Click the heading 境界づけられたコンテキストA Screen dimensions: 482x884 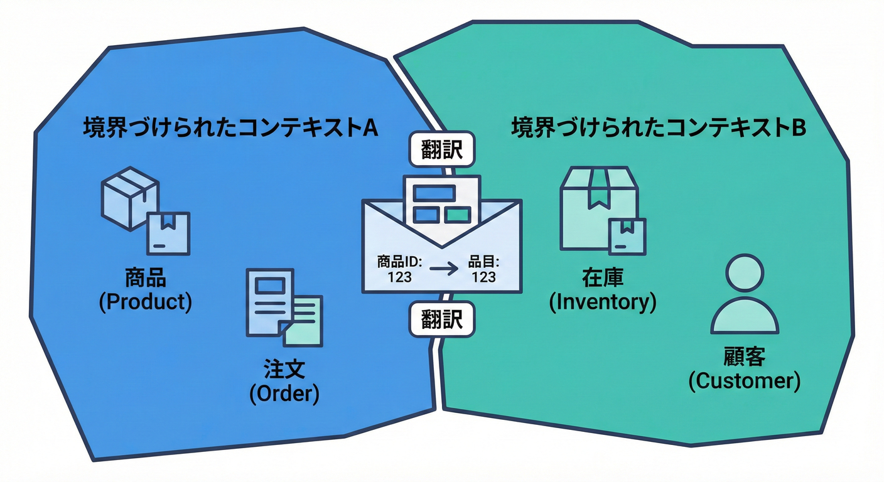tap(230, 128)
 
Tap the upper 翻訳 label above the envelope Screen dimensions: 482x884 tap(442, 150)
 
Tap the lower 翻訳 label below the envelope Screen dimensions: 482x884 tap(442, 321)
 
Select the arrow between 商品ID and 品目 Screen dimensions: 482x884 tap(444, 269)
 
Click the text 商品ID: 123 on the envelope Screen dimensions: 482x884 tap(400, 269)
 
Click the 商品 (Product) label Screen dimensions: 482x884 tap(146, 291)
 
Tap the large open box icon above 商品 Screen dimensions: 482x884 tap(129, 195)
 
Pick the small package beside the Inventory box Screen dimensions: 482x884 tap(627, 236)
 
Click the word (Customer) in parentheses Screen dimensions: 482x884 tap(744, 381)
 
